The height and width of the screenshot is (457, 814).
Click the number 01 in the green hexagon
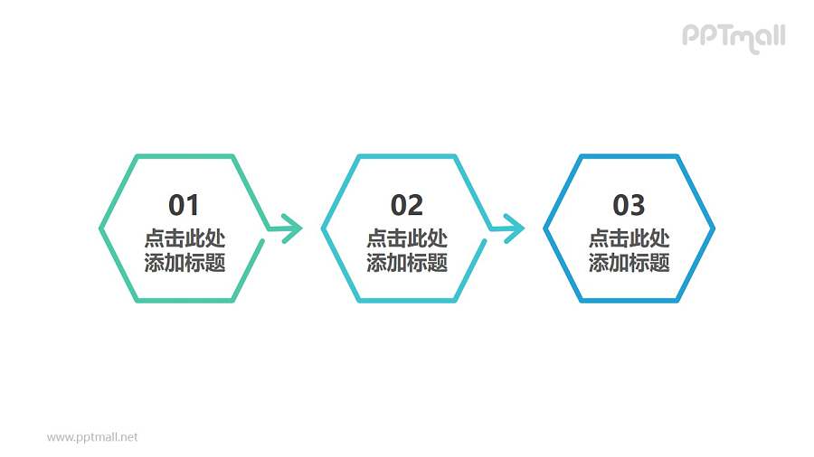pos(185,206)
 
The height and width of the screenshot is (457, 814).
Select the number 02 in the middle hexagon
pos(407,206)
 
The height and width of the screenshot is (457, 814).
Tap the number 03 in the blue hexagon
pos(629,206)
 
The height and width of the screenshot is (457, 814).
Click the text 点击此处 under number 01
pos(185,239)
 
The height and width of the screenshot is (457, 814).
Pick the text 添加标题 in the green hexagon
pos(185,263)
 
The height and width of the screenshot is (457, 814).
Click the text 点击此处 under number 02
pos(407,239)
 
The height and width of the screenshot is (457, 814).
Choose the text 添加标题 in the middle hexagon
pos(407,263)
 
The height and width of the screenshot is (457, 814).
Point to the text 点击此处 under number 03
pos(629,239)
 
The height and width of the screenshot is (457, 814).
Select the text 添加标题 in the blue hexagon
pos(629,263)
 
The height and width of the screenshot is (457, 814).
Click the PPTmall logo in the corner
pos(733,36)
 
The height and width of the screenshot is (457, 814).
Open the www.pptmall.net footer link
pos(92,437)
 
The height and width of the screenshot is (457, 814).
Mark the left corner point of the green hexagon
pos(100,228)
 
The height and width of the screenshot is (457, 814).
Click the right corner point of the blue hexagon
pos(714,228)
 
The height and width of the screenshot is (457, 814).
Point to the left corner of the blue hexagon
pos(545,228)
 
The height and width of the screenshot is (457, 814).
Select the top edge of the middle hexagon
pos(407,156)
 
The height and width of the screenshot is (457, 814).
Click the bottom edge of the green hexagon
pos(185,301)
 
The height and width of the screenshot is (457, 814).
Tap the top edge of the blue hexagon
pos(629,156)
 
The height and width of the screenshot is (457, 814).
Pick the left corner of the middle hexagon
pos(323,228)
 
